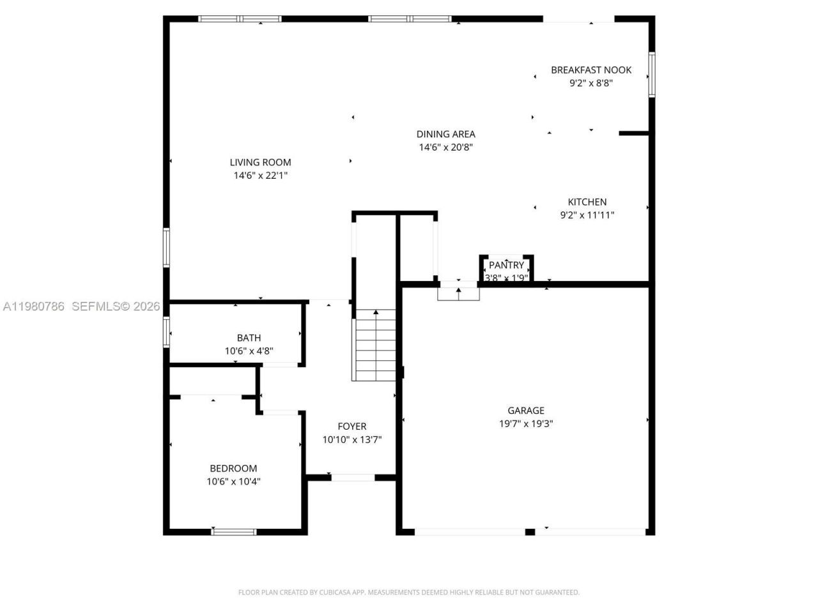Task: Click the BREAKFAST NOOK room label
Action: [591, 70]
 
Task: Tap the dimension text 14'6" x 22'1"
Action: [261, 175]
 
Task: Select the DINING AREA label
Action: [445, 134]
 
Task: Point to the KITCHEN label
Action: [587, 202]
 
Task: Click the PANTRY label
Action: [506, 265]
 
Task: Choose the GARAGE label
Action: [526, 411]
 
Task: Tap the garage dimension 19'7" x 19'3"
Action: [526, 423]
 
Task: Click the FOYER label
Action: [352, 427]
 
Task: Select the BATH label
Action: [249, 338]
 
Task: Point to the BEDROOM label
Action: [233, 469]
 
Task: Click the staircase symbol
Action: [375, 345]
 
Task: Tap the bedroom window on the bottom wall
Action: [234, 531]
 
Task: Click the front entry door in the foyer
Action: [353, 477]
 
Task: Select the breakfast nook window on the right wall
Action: [652, 74]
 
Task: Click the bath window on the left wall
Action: [166, 332]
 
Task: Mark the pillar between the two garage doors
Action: [530, 531]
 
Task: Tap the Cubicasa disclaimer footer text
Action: [409, 593]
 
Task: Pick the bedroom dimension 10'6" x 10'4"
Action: [233, 481]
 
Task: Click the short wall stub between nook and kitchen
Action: [634, 133]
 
